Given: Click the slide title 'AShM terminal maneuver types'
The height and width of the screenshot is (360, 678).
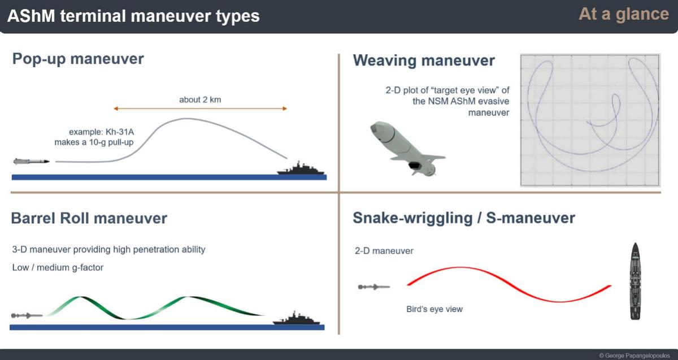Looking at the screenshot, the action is [133, 16].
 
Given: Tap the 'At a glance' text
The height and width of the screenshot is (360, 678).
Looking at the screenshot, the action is [624, 14].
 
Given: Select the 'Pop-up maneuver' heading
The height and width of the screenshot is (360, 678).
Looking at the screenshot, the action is [78, 59].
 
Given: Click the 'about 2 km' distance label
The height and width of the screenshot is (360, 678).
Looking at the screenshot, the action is [200, 99].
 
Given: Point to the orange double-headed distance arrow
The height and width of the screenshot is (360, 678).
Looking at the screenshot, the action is [200, 109].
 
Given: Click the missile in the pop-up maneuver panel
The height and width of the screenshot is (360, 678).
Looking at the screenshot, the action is [31, 161].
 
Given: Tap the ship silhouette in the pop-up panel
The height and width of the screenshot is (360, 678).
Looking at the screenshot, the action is [300, 168].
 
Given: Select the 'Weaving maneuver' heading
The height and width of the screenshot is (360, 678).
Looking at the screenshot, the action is [424, 60].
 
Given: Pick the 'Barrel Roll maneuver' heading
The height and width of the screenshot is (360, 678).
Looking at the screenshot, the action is [89, 218].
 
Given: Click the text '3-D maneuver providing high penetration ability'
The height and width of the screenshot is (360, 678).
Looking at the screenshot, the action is [108, 249].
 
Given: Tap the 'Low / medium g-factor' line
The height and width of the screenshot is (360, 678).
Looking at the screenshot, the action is [58, 267].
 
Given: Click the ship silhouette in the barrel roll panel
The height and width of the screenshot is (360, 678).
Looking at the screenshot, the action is [296, 319].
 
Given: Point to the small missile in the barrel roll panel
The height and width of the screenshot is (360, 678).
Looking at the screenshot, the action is [27, 315].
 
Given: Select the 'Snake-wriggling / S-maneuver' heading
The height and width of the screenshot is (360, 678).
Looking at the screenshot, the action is [464, 218].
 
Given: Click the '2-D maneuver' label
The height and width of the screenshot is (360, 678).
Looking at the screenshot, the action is [384, 251].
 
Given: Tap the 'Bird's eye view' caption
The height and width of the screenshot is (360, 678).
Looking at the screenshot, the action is [434, 309].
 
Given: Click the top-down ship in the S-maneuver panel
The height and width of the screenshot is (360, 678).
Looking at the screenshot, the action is [635, 281].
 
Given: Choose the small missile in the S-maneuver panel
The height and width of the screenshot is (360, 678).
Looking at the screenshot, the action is [374, 287].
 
